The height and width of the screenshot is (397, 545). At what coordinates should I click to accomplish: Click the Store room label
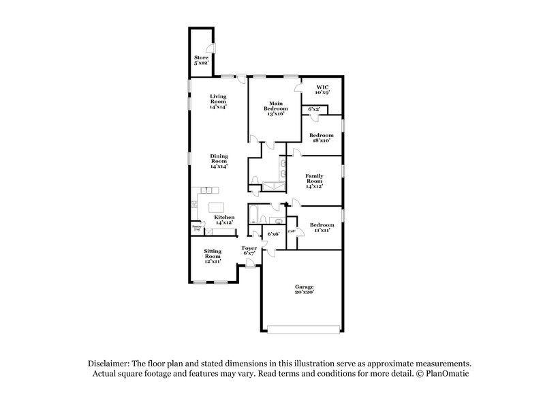pyautogui.click(x=201, y=60)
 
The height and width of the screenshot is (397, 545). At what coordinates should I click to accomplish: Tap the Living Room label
pyautogui.click(x=218, y=102)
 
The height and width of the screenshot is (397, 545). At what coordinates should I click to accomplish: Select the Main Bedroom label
pyautogui.click(x=276, y=108)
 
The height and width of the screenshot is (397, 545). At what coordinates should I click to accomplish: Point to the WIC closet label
pyautogui.click(x=321, y=89)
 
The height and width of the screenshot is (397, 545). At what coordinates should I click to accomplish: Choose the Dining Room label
pyautogui.click(x=218, y=161)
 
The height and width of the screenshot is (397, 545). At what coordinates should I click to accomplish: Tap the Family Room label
pyautogui.click(x=314, y=180)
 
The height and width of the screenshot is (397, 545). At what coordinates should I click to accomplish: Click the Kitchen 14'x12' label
pyautogui.click(x=225, y=220)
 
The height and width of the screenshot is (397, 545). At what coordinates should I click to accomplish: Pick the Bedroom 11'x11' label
pyautogui.click(x=321, y=227)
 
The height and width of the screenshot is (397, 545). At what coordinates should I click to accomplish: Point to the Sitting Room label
pyautogui.click(x=213, y=256)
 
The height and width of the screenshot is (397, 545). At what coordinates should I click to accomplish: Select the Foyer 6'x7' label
pyautogui.click(x=250, y=250)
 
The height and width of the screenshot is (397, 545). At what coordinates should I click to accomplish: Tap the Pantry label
pyautogui.click(x=196, y=227)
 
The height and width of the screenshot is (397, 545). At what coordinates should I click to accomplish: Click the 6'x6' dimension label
pyautogui.click(x=273, y=234)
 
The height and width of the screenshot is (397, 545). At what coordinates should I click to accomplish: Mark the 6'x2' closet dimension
pyautogui.click(x=314, y=109)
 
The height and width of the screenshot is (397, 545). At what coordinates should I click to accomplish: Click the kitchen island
pyautogui.click(x=215, y=206)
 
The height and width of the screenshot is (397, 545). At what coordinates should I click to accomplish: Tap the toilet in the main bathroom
pyautogui.click(x=253, y=181)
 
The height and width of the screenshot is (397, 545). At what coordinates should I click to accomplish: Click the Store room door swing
pyautogui.click(x=211, y=49)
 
